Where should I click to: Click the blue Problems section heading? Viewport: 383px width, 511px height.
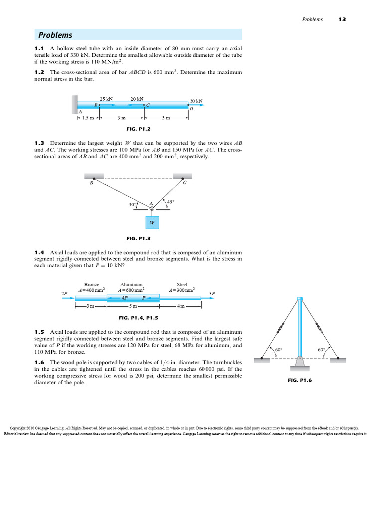[55, 35]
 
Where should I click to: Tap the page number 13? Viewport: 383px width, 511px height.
[342, 20]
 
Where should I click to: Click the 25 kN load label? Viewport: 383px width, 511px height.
[106, 99]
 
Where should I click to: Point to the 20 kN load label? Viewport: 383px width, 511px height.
[137, 99]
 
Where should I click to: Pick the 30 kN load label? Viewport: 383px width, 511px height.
[196, 101]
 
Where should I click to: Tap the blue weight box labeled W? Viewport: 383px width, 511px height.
[152, 223]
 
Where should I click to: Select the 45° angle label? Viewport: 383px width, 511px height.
[170, 202]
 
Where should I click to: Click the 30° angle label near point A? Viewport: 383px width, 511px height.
[132, 204]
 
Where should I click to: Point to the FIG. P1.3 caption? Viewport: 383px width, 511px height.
[138, 238]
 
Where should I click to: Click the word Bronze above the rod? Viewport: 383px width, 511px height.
[91, 285]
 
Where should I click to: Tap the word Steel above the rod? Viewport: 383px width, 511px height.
[182, 285]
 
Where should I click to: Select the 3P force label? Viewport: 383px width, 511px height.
[212, 293]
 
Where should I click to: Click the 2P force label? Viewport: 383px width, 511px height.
[64, 293]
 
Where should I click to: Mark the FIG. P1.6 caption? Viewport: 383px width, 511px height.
[299, 380]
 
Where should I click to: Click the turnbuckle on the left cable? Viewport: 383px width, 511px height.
[281, 329]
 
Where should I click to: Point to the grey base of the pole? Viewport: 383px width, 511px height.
[299, 361]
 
